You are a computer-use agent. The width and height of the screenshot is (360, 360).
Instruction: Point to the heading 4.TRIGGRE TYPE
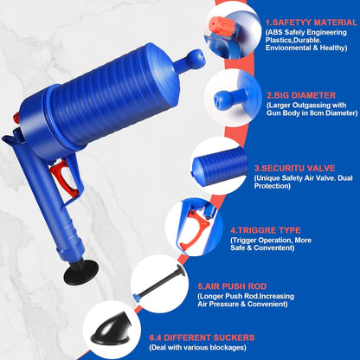[x=266, y=231]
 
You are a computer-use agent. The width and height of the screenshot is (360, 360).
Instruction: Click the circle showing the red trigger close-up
[x=194, y=227]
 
